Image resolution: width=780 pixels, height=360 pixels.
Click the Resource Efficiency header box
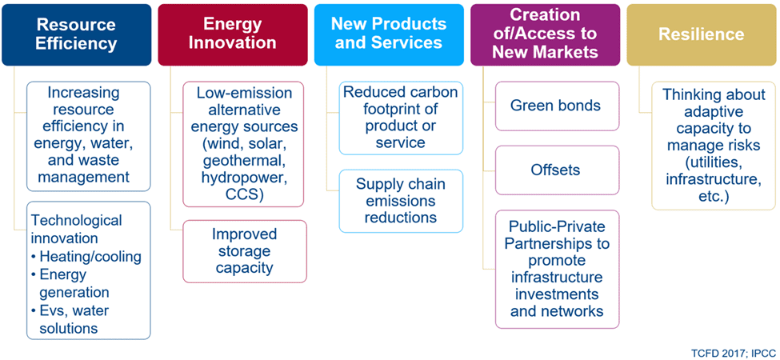pyautogui.click(x=77, y=34)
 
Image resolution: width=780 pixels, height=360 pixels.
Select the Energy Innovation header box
pyautogui.click(x=233, y=34)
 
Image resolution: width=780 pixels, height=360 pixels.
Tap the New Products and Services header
pyautogui.click(x=389, y=34)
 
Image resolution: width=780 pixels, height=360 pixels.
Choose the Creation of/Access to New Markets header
pyautogui.click(x=545, y=34)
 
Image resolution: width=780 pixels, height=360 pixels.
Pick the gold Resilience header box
pyautogui.click(x=701, y=34)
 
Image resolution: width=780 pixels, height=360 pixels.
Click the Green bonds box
pyautogui.click(x=555, y=106)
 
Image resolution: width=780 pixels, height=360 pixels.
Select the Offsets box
pyautogui.click(x=555, y=170)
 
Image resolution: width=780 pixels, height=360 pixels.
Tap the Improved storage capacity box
pyautogui.click(x=245, y=250)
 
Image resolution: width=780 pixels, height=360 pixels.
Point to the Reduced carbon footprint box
pyautogui.click(x=401, y=118)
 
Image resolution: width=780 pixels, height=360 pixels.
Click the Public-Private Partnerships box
pyautogui.click(x=557, y=268)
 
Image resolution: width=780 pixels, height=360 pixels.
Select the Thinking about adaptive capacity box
pyautogui.click(x=713, y=146)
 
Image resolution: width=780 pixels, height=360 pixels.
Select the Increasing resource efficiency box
pyautogui.click(x=89, y=136)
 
